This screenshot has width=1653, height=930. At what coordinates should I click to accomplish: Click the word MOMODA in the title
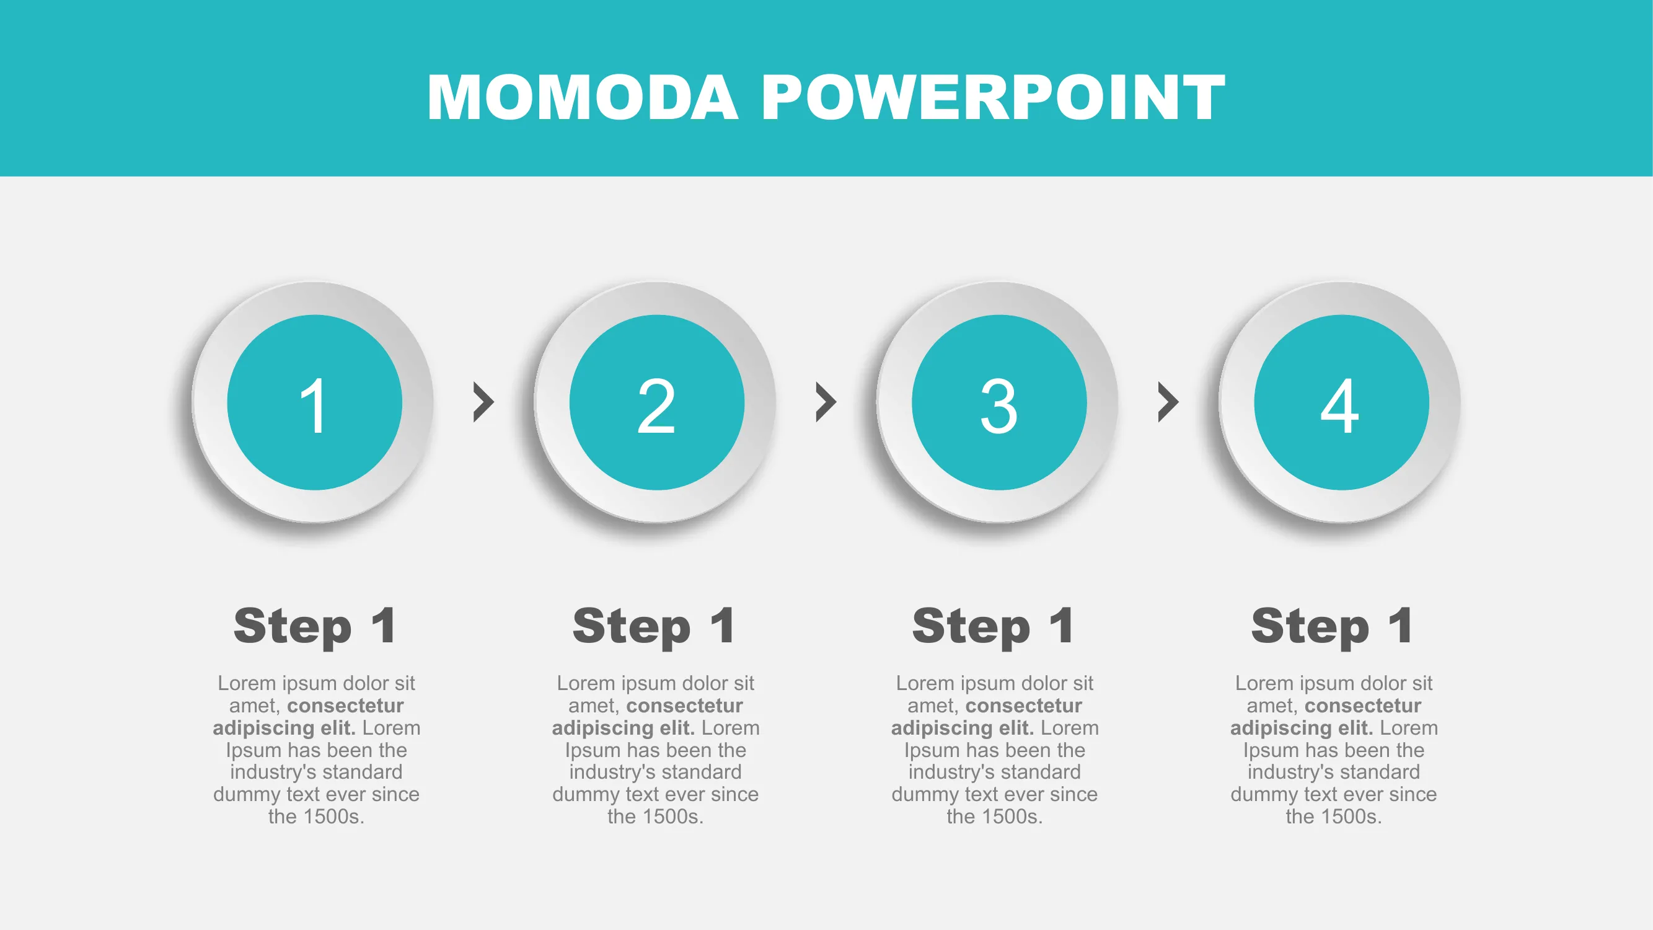coord(583,97)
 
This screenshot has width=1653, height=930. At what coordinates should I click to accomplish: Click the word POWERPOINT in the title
coord(994,97)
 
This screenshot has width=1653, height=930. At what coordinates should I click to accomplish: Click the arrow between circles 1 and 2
coord(484,402)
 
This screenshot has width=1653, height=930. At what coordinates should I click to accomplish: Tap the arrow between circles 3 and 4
coord(1168,402)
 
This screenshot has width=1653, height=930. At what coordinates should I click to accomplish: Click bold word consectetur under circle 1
coord(345,706)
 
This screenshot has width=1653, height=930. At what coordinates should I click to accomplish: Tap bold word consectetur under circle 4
coord(1363,706)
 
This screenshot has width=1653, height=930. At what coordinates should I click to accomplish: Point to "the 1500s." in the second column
coord(655,817)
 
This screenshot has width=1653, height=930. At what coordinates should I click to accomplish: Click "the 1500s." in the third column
coord(995,817)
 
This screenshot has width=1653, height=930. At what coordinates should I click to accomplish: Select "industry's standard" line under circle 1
coord(316,771)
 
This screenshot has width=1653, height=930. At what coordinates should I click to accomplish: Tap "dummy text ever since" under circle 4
coord(1333,794)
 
